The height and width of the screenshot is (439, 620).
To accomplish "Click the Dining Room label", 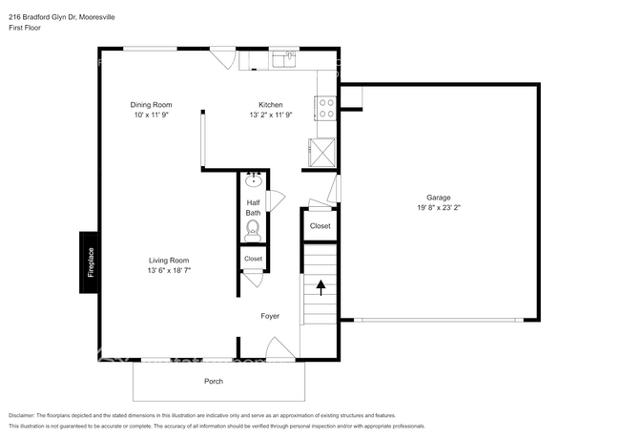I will tap(150, 105).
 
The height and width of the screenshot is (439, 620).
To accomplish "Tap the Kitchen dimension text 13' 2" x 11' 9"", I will tap(270, 115).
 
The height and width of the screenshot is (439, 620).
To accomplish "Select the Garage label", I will tap(438, 197).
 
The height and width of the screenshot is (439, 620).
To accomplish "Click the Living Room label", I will tap(168, 261).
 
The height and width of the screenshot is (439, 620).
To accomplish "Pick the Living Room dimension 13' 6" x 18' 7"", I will tap(168, 270).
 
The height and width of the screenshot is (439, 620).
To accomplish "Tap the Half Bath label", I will tap(253, 207).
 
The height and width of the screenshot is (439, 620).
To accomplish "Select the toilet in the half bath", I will tap(253, 230).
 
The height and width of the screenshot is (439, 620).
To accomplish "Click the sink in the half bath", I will tap(254, 179).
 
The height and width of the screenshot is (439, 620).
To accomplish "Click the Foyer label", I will tap(271, 316).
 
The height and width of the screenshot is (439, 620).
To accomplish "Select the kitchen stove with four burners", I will tap(325, 108).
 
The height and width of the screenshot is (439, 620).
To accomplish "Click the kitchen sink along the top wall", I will tap(283, 59).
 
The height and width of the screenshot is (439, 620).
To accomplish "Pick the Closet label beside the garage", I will tap(320, 226).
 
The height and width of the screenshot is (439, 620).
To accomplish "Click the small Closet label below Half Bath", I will tap(253, 259).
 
